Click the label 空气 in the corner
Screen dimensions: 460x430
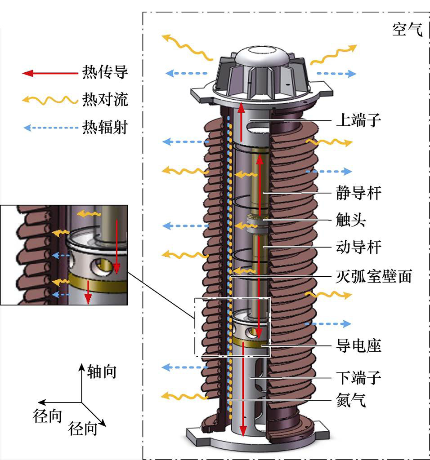pyautogui.click(x=407, y=30)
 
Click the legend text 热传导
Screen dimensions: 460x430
pyautogui.click(x=104, y=72)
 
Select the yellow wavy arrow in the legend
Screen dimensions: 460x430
pyautogui.click(x=49, y=100)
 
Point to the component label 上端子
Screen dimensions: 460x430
pyautogui.click(x=358, y=120)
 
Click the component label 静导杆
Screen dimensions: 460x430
pyautogui.click(x=358, y=193)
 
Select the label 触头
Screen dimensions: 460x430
pyautogui.click(x=351, y=220)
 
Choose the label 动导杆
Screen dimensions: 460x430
pyautogui.click(x=358, y=247)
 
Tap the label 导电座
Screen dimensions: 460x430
pyautogui.click(x=358, y=346)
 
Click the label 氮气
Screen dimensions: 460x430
pyautogui.click(x=351, y=400)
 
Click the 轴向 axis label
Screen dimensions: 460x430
pyautogui.click(x=102, y=372)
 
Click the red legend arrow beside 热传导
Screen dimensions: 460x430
pyautogui.click(x=49, y=73)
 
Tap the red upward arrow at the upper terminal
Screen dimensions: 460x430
pyautogui.click(x=242, y=121)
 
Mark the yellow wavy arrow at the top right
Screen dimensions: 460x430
pyautogui.click(x=333, y=54)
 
